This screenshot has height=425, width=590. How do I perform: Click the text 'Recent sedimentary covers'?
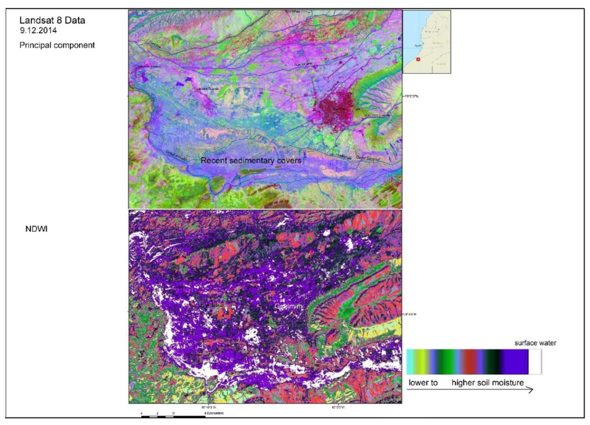251,161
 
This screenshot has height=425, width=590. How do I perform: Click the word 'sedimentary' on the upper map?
252,161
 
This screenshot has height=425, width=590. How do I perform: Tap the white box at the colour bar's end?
536,362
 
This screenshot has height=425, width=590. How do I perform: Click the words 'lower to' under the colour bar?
423,382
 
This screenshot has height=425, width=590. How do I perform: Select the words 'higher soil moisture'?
487,382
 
